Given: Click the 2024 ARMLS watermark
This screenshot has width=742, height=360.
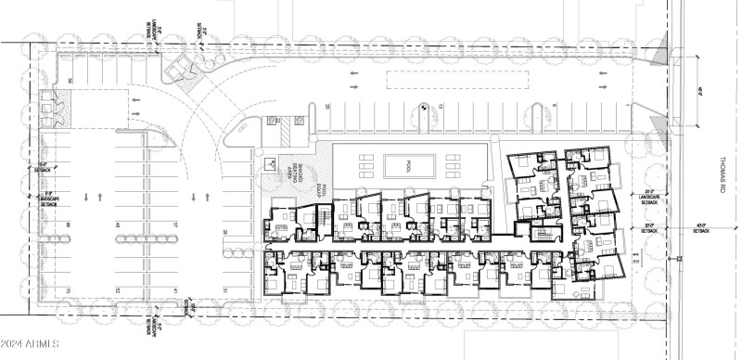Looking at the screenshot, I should coord(30,345).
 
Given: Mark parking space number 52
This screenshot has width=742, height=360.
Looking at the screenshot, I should coord(118,290).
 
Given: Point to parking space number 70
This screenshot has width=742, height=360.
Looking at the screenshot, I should coord(68,290).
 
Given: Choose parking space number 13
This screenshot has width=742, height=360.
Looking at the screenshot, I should coord(441,109).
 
